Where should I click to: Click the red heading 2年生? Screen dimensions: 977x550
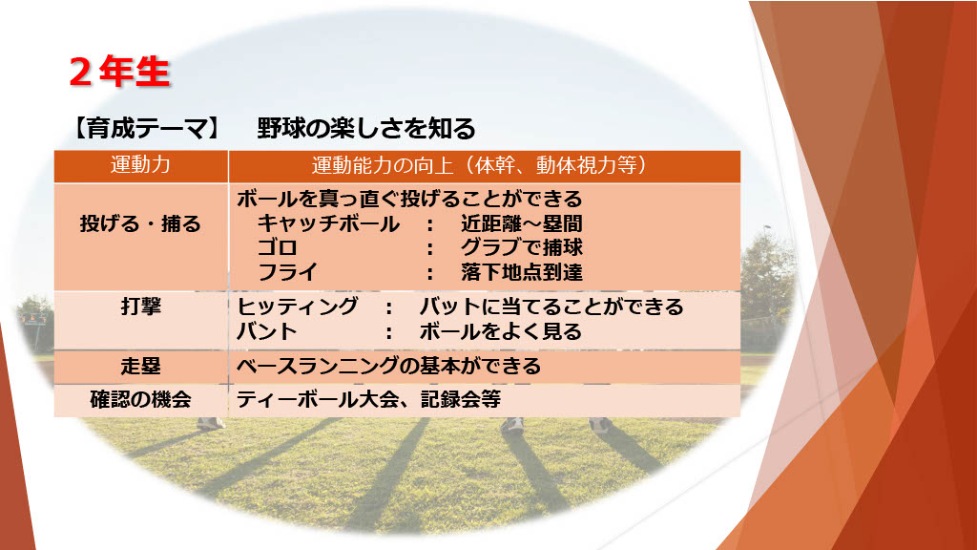(119, 72)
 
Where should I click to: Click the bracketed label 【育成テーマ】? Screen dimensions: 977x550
(147, 129)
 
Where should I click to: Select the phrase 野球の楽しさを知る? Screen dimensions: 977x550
(366, 129)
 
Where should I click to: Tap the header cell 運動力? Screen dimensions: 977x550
(141, 165)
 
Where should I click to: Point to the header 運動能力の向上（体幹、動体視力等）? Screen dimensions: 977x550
(480, 165)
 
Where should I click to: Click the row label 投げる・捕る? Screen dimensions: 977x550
(141, 223)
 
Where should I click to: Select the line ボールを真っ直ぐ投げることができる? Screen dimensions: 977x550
(409, 199)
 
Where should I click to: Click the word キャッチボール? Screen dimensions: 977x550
(328, 223)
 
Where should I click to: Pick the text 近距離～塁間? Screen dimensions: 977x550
(522, 223)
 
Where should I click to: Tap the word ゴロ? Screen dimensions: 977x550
(278, 247)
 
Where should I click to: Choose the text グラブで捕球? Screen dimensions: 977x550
(522, 247)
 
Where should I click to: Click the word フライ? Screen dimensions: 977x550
(287, 272)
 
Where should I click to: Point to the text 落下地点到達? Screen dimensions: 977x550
(522, 272)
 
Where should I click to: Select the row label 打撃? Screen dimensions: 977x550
(141, 307)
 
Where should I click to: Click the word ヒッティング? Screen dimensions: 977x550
(298, 307)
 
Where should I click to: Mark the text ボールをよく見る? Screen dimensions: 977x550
(500, 331)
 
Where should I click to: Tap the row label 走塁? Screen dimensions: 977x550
(141, 366)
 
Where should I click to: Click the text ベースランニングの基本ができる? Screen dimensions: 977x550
(389, 366)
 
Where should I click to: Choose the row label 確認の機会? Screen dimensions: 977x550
(141, 400)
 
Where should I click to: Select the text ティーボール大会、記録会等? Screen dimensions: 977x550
(368, 400)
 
